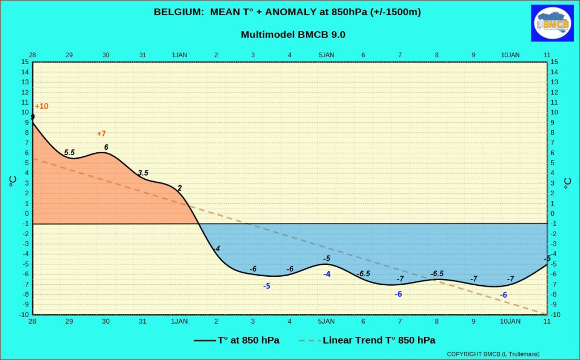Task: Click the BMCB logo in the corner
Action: click(x=552, y=23)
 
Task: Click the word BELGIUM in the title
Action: click(x=178, y=12)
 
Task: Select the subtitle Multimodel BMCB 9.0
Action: click(x=293, y=35)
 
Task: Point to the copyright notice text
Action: click(x=493, y=354)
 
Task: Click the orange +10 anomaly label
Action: click(x=42, y=106)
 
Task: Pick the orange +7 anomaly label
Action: click(x=101, y=134)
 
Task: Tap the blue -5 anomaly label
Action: click(x=267, y=286)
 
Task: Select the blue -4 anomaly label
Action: click(x=327, y=275)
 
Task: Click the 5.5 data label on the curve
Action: click(x=69, y=153)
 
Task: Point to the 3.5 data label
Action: click(x=143, y=173)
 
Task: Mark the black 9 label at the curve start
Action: click(x=32, y=117)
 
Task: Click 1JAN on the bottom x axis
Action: click(x=180, y=322)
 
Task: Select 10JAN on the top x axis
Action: click(x=510, y=55)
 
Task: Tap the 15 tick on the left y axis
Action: click(x=25, y=62)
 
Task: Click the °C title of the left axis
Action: click(x=13, y=181)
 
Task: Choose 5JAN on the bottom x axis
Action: click(x=326, y=322)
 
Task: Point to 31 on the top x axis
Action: click(x=142, y=55)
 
